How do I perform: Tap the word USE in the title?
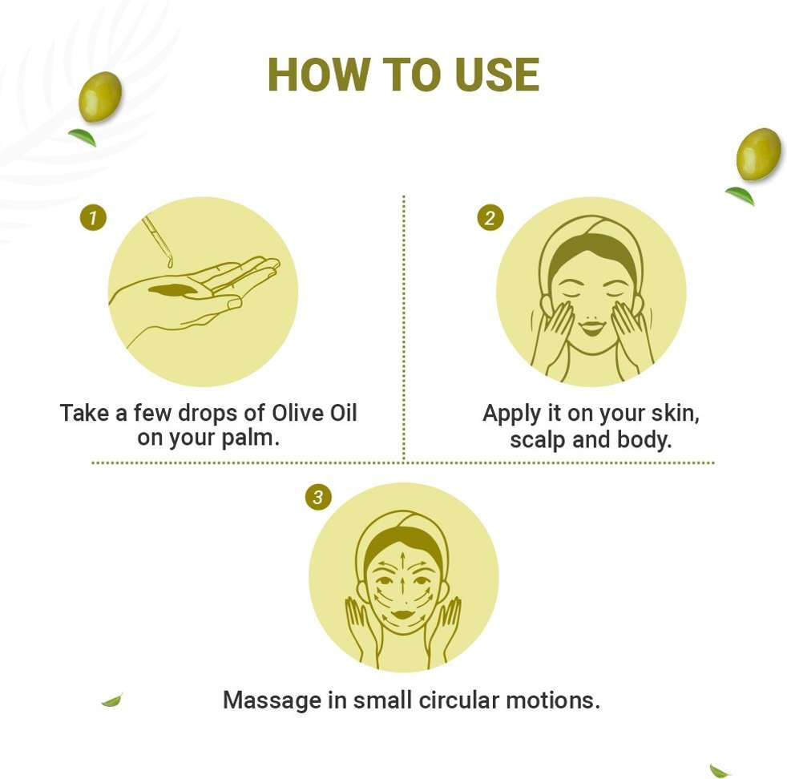pyautogui.click(x=498, y=75)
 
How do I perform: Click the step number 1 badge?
pyautogui.click(x=93, y=218)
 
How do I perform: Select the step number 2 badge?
pyautogui.click(x=490, y=218)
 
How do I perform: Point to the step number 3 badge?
pyautogui.click(x=317, y=498)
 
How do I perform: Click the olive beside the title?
pyautogui.click(x=100, y=96)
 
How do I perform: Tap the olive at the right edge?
pyautogui.click(x=759, y=155)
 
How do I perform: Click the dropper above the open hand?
pyautogui.click(x=158, y=240)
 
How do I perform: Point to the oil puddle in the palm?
pyautogui.click(x=173, y=290)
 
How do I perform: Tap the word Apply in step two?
pyautogui.click(x=511, y=414)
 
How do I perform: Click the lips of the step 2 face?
pyautogui.click(x=591, y=329)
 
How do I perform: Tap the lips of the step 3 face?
pyautogui.click(x=402, y=614)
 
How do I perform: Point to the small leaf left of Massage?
pyautogui.click(x=112, y=700)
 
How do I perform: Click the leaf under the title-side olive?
pyautogui.click(x=83, y=137)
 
